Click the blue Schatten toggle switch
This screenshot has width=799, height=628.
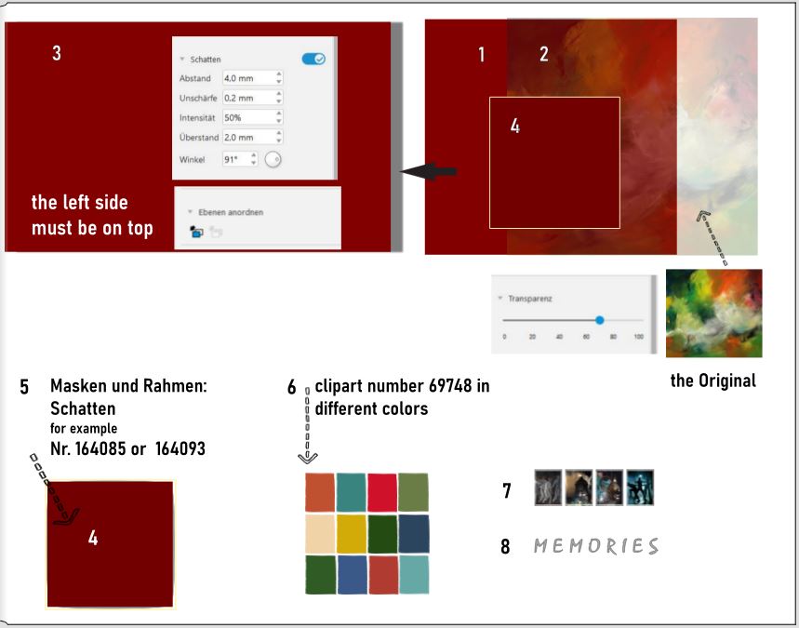pyautogui.click(x=313, y=60)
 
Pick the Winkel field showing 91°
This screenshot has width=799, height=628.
pyautogui.click(x=240, y=159)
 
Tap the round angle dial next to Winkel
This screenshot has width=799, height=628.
pyautogui.click(x=273, y=159)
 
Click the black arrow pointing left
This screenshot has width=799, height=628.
pyautogui.click(x=429, y=171)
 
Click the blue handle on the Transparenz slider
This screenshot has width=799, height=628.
pyautogui.click(x=600, y=320)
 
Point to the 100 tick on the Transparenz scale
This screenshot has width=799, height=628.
pyautogui.click(x=638, y=337)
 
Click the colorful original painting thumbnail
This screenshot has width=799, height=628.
pyautogui.click(x=714, y=313)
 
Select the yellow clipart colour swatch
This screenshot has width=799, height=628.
pyautogui.click(x=352, y=534)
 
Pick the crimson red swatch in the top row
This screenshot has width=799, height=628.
pyautogui.click(x=382, y=492)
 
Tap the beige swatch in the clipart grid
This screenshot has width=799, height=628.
pyautogui.click(x=320, y=534)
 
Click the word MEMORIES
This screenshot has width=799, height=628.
pyautogui.click(x=596, y=546)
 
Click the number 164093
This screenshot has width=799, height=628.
pyautogui.click(x=180, y=448)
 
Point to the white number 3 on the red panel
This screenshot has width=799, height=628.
pyautogui.click(x=57, y=53)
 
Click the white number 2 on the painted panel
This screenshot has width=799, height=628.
pyautogui.click(x=544, y=54)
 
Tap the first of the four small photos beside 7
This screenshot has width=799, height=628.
pyautogui.click(x=548, y=488)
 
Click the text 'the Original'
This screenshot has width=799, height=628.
pyautogui.click(x=712, y=381)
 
